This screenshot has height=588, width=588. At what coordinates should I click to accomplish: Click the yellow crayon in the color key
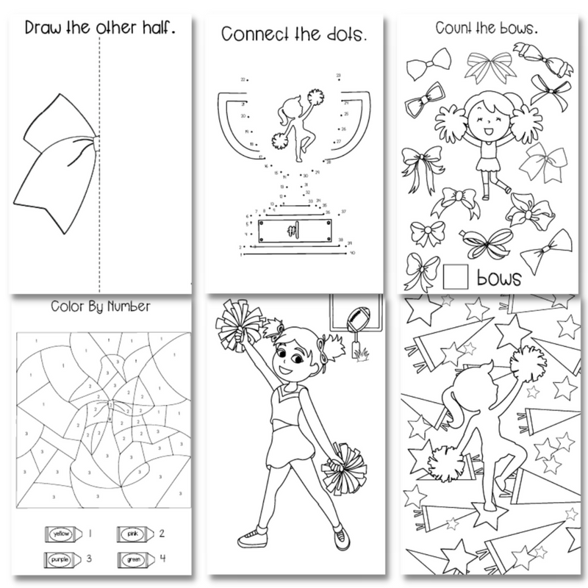61,533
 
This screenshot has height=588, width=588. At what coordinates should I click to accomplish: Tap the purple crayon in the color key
61,560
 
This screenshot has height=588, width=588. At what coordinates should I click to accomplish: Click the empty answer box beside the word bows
456,276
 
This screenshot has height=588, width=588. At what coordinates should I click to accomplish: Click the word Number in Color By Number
128,306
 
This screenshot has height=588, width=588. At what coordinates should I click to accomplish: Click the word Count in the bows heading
453,27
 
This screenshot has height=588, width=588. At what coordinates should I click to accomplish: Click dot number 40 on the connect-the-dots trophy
345,252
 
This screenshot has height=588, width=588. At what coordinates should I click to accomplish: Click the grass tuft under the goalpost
360,356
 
